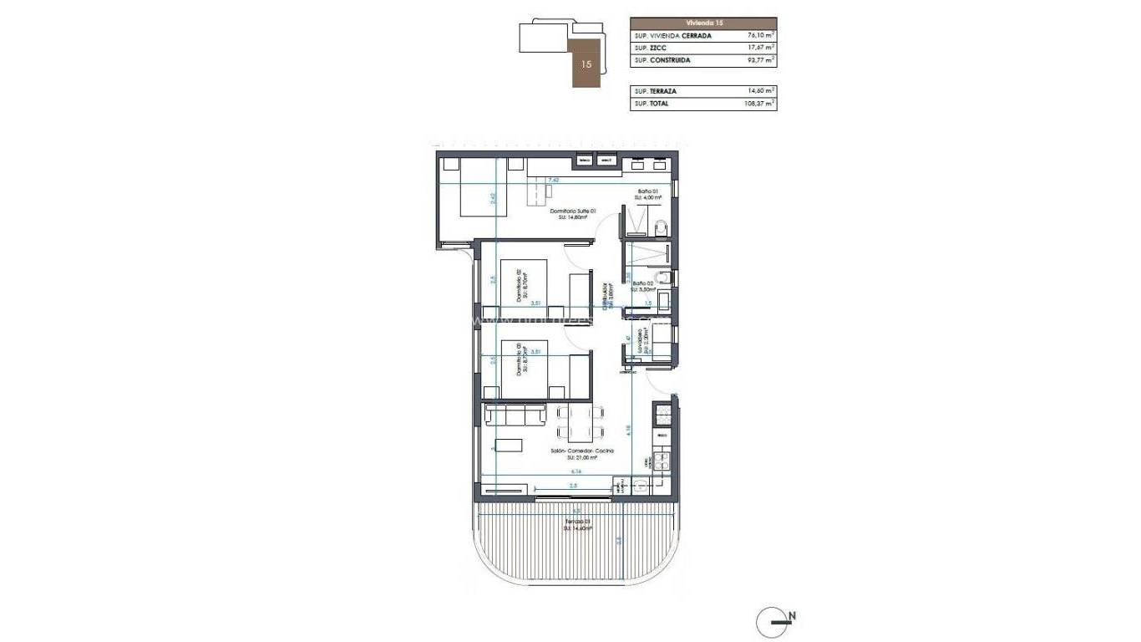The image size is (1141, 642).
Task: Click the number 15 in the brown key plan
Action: point(586,64)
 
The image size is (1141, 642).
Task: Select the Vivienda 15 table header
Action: point(702,23)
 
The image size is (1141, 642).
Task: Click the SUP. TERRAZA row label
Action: point(656,90)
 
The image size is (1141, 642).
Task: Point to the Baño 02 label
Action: point(641,285)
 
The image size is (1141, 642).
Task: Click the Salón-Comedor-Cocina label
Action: point(582,451)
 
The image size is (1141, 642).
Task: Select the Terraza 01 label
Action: point(577,523)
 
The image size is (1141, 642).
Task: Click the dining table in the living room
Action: point(581,422)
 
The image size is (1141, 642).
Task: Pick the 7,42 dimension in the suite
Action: point(553,180)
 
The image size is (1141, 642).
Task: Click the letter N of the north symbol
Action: point(792,616)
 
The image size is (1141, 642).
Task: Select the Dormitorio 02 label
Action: point(520,284)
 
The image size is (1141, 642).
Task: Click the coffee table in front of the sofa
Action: point(509,445)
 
